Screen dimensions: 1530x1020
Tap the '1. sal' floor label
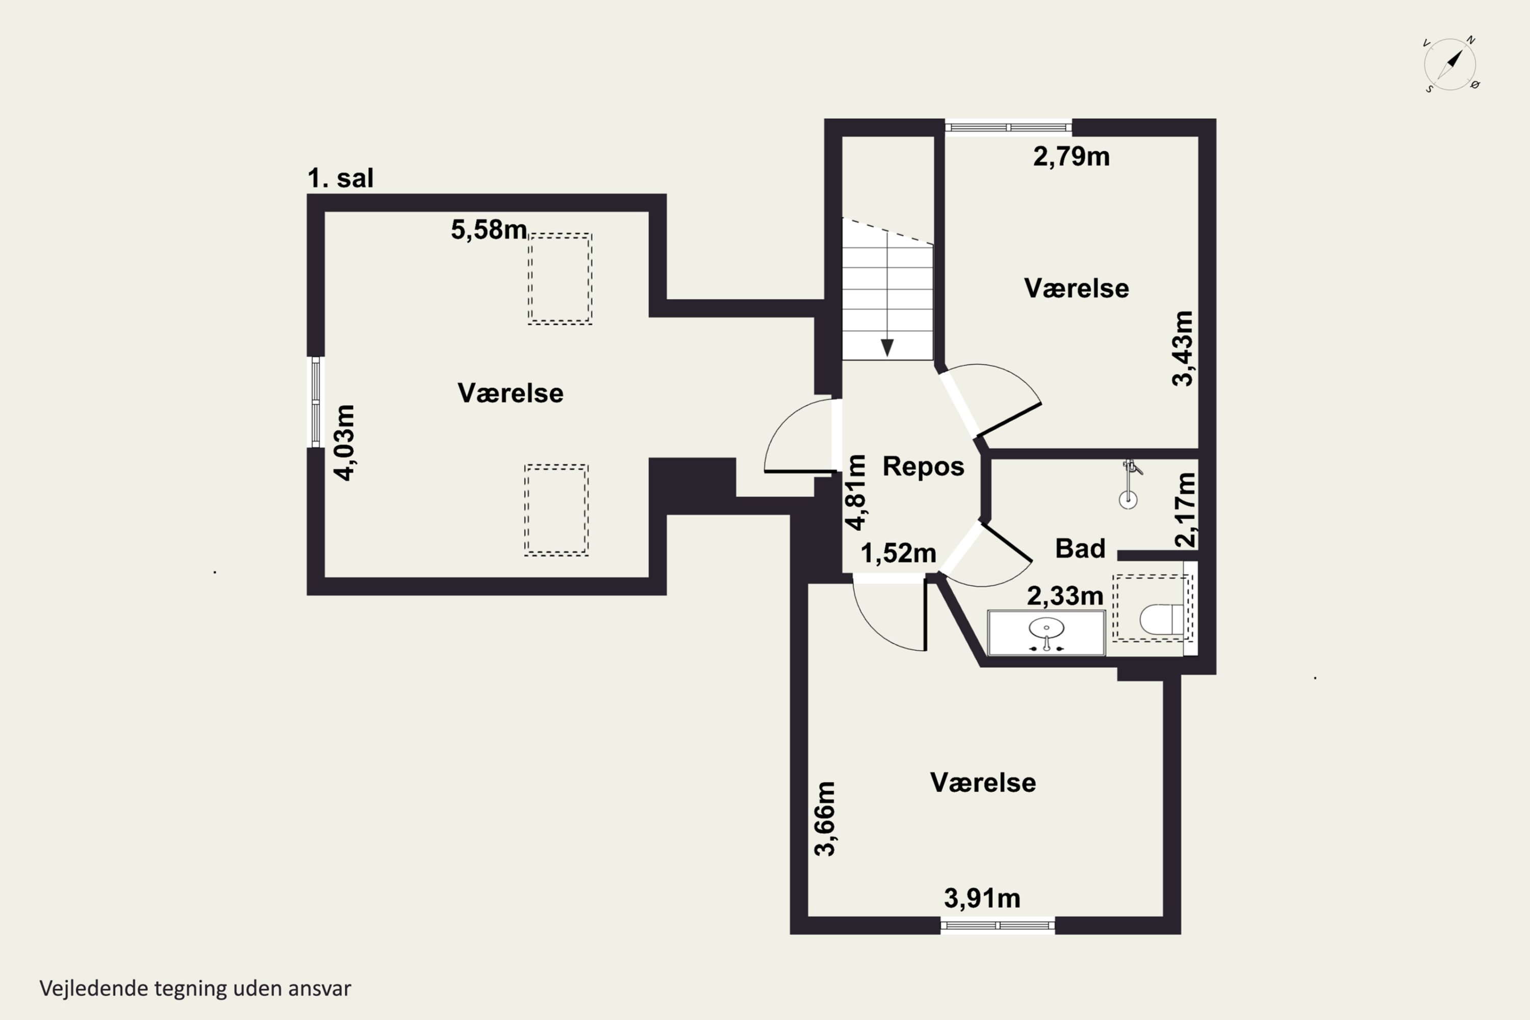point(340,178)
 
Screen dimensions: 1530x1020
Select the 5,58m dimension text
point(489,229)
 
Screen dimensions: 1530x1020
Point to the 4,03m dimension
point(345,442)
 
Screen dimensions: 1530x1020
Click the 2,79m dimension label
point(1072,157)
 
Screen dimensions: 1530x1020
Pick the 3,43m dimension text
point(1183,349)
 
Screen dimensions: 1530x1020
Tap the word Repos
point(923,467)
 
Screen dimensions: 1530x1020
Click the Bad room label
point(1080,548)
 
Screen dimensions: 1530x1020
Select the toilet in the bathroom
point(1162,619)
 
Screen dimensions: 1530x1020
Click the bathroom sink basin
point(1046,629)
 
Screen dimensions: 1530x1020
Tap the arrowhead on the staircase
point(887,348)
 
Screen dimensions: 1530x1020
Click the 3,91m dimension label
point(982,898)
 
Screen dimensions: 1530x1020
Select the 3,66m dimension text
point(825,819)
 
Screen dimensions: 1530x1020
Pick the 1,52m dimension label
point(898,553)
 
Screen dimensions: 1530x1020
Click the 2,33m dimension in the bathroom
point(1065,596)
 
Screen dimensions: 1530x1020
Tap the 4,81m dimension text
point(855,493)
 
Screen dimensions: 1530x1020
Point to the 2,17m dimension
point(1185,510)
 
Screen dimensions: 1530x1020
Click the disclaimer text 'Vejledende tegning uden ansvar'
point(195,989)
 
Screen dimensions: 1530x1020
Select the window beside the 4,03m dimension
point(316,402)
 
